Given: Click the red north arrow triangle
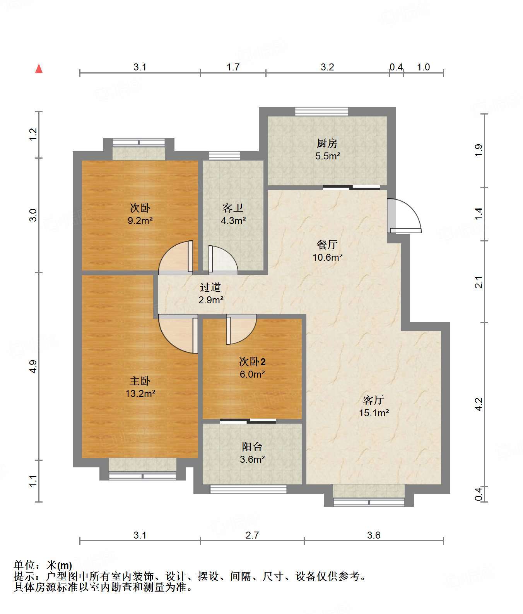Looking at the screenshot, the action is tap(39, 69).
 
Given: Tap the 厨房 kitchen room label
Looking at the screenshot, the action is tap(327, 144).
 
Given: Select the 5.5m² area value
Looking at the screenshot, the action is tap(327, 156).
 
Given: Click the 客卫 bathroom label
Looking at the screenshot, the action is tap(233, 208).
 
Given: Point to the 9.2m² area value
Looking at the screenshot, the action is tap(140, 221).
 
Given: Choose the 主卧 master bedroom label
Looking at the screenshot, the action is tap(140, 381).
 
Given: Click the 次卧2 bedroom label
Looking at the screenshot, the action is tap(252, 362).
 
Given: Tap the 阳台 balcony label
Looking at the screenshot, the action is tap(252, 447).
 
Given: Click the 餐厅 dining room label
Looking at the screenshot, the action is tap(327, 244).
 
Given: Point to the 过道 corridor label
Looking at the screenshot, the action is tap(211, 287).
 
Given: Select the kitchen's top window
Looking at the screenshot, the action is tap(321, 111).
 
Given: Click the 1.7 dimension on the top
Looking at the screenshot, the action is tap(233, 67).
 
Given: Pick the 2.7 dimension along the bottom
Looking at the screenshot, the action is tap(252, 535).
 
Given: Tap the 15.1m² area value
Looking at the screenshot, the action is tap(374, 413).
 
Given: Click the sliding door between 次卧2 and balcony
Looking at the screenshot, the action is tap(248, 421).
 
